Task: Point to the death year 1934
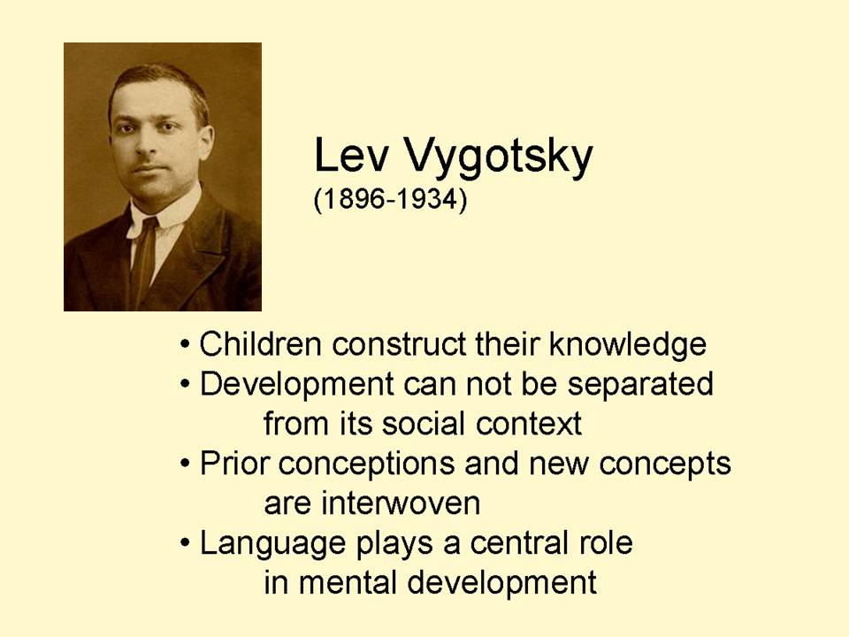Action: point(423,200)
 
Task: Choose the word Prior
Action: point(232,464)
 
